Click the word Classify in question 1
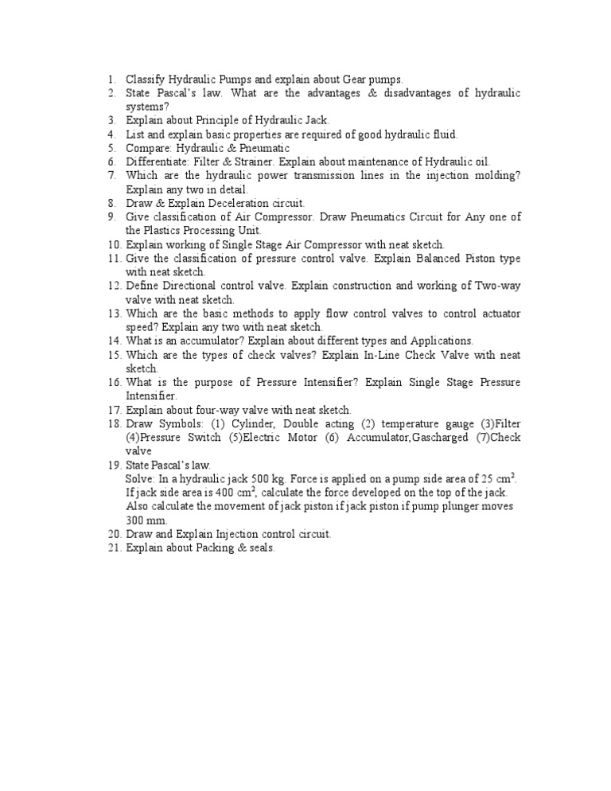pyautogui.click(x=145, y=80)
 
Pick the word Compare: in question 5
pyautogui.click(x=148, y=149)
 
